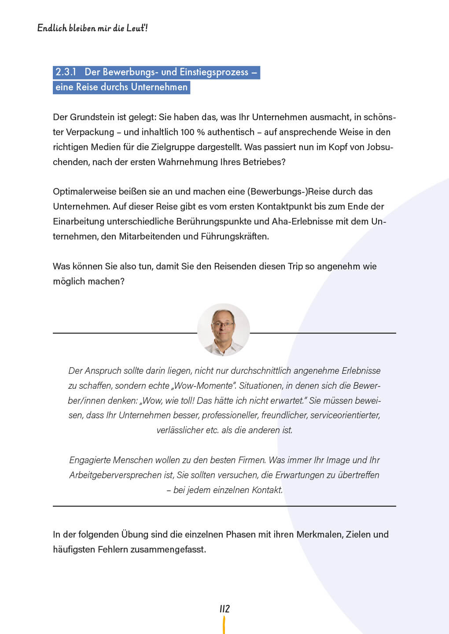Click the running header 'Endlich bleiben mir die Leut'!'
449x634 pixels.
(x=92, y=28)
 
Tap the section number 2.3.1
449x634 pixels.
(x=66, y=72)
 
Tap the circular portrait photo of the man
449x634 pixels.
(x=224, y=329)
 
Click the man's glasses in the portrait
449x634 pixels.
(x=223, y=325)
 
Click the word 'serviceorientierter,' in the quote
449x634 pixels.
(x=345, y=415)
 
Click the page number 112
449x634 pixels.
(x=224, y=609)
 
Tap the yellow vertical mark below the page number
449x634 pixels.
(x=224, y=625)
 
